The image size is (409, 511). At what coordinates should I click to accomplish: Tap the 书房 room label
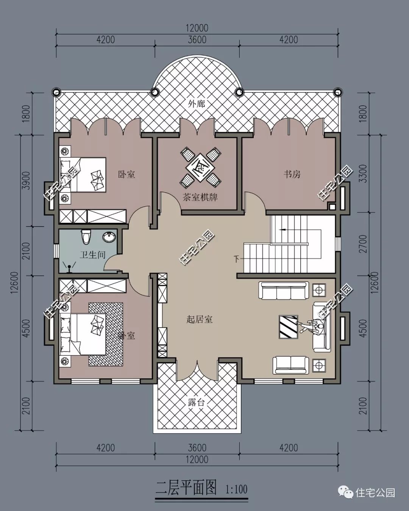tap(292, 174)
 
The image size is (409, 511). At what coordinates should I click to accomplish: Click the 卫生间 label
tap(92, 255)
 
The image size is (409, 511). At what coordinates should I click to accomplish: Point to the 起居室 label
tap(200, 319)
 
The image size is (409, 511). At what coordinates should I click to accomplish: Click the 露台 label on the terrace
tap(196, 402)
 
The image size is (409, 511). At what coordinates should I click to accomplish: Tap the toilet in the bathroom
tap(86, 237)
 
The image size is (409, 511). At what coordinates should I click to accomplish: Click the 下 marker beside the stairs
tap(237, 259)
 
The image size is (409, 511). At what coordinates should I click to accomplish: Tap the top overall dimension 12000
tap(197, 28)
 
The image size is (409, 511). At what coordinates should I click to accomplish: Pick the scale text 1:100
tap(236, 489)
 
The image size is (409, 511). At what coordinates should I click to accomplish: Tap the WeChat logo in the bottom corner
tap(346, 492)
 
